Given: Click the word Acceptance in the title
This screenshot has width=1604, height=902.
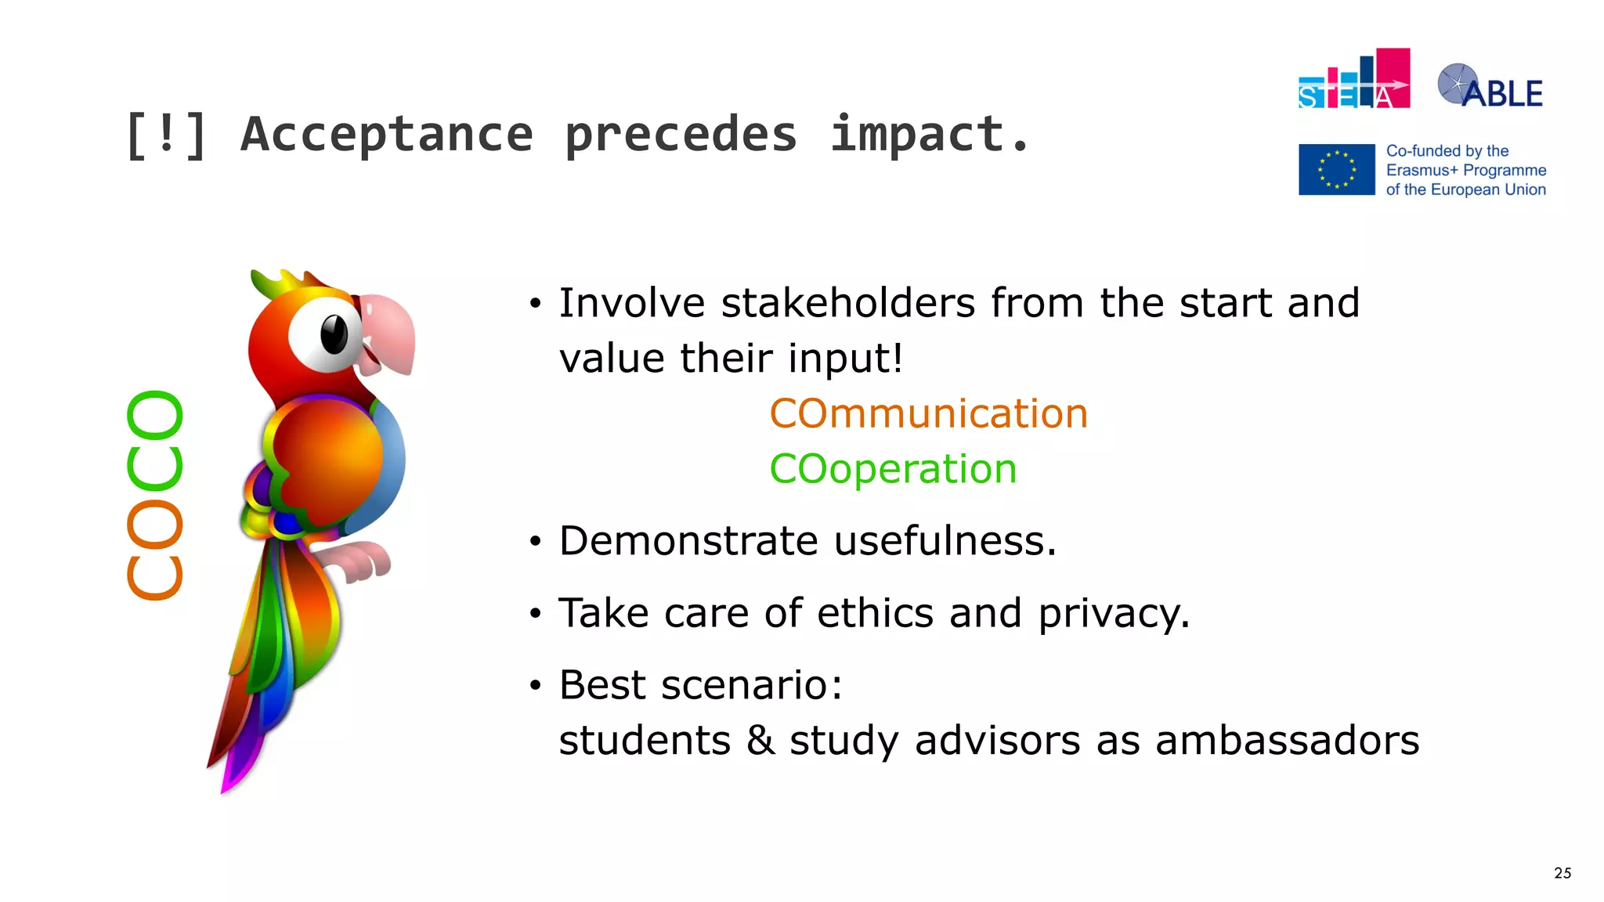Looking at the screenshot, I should tap(387, 135).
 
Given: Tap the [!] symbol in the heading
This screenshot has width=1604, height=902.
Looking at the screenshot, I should tap(166, 135).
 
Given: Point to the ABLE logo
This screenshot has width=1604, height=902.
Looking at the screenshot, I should tap(1490, 87).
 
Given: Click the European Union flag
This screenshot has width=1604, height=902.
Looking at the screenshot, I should tap(1336, 169).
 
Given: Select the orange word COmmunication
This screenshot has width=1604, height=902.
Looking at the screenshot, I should tap(928, 413).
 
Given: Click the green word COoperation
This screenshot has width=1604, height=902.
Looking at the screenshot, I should tap(893, 469).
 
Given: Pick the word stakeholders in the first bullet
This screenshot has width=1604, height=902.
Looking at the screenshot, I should tap(847, 303).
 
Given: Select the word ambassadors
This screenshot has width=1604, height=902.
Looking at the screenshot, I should tap(1287, 741).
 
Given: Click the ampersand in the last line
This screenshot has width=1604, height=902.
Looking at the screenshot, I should tap(760, 741).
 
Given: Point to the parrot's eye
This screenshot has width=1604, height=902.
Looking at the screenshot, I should tap(334, 334).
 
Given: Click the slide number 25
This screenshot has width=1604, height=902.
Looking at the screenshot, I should tap(1562, 873).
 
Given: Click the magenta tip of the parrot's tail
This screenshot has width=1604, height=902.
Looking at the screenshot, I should tap(228, 783).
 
